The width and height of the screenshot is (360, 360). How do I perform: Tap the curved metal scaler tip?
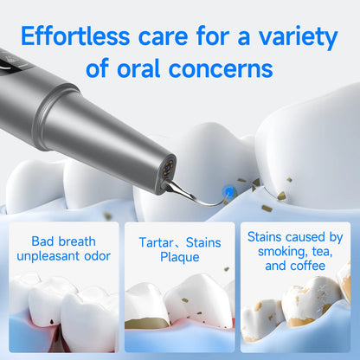coord(195,197)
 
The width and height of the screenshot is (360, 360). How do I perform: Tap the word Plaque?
coord(179,257)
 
